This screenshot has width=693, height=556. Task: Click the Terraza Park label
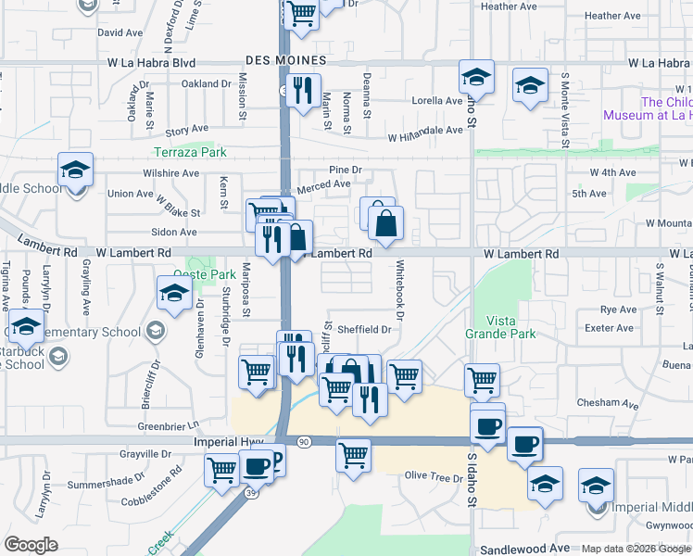[x=190, y=151]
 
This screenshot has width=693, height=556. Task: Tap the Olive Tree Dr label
[x=433, y=476]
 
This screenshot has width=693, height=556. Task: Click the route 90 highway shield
[x=304, y=442]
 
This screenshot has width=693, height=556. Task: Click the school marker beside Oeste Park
[x=172, y=294]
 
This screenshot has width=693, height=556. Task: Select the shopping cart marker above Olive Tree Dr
[x=353, y=455]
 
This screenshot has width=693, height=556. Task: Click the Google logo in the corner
[x=31, y=545]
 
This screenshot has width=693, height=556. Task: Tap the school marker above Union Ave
[x=75, y=170]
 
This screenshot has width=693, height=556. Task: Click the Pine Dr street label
[x=345, y=170]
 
